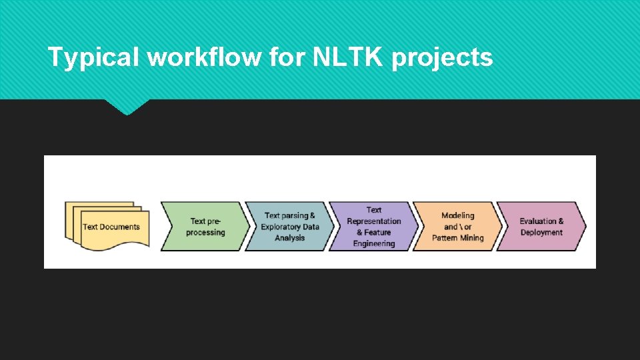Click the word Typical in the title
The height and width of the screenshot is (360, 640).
coord(94,58)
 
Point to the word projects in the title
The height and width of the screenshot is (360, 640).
coord(442,58)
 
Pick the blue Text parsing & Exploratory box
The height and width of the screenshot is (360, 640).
coord(289,226)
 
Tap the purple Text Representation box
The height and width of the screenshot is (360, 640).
coord(373,226)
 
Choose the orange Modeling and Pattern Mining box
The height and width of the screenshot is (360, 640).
coord(457,226)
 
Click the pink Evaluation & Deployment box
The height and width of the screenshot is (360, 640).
coord(541,226)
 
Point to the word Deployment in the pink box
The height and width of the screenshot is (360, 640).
coord(541,233)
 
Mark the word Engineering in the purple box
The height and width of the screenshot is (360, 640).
coord(374,243)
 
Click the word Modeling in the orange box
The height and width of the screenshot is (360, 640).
coord(458,215)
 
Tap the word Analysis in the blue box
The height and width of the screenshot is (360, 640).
coord(289,238)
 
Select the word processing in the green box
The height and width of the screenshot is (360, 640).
coord(205,233)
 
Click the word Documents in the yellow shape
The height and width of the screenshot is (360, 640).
coord(121,227)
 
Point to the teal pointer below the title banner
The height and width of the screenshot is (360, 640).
coord(127,107)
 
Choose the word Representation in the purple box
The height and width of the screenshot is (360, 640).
coord(374,221)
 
